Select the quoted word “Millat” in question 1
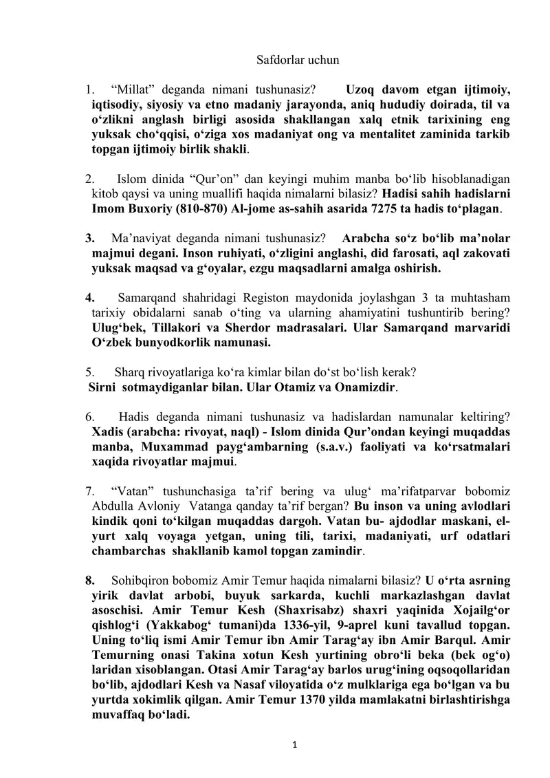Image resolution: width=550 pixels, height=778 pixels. (135, 89)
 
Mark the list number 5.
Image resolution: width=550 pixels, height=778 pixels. (89, 373)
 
